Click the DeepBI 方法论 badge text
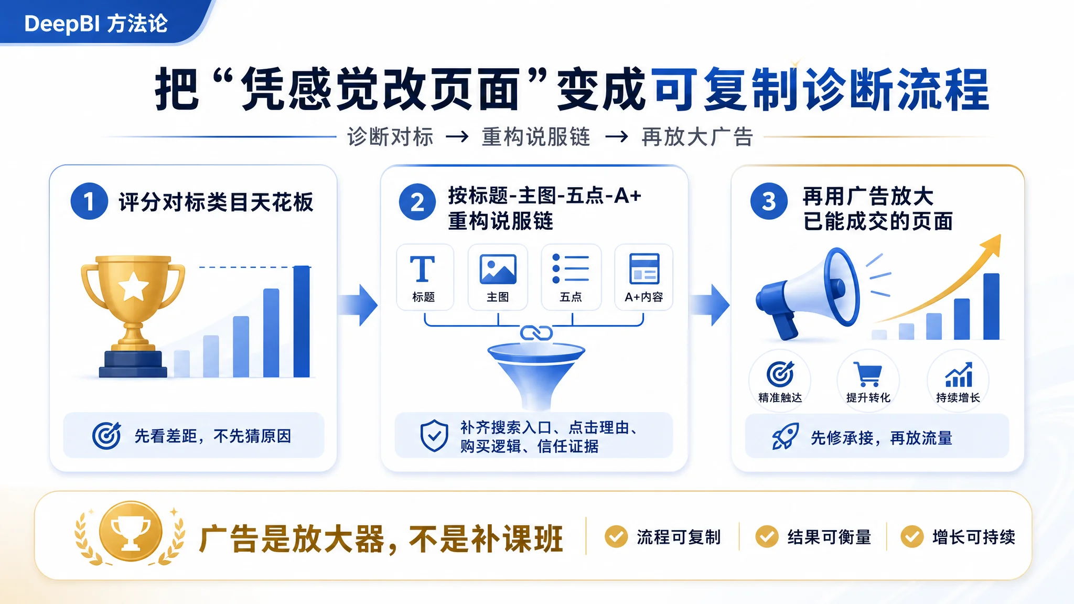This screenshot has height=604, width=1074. [96, 24]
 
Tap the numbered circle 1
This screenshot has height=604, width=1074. [89, 201]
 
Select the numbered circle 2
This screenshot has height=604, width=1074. [417, 202]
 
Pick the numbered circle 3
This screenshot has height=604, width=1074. [769, 201]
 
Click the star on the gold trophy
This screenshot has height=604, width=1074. [133, 286]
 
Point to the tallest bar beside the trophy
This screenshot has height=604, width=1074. [302, 321]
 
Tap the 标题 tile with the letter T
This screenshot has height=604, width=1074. [425, 277]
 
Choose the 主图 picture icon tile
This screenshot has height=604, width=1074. [498, 277]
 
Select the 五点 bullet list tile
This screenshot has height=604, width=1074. [571, 277]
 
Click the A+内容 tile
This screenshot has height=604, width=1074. [644, 277]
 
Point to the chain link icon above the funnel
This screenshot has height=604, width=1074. [536, 332]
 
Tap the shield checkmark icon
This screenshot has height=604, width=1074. [434, 435]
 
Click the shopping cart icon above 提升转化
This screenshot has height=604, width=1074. [869, 374]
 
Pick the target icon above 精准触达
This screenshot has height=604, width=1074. [780, 374]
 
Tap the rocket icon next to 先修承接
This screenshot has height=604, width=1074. [785, 437]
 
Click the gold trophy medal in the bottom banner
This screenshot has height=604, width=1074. [131, 533]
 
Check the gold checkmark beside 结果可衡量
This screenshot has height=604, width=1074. [767, 536]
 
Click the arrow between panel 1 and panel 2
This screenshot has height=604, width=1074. [358, 305]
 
